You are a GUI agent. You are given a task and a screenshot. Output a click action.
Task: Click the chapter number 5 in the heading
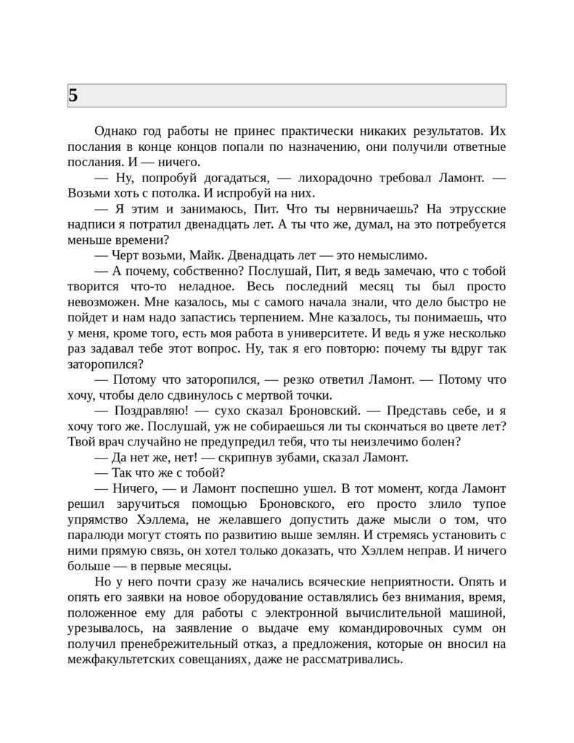73,95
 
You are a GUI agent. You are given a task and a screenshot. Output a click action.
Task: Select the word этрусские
470,209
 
